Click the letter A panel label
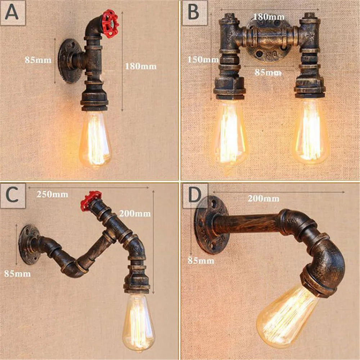[13, 13]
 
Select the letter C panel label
[13, 195]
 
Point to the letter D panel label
[195, 195]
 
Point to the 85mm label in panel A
[38, 60]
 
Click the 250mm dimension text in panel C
[52, 194]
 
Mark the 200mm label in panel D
[263, 198]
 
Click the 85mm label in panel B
[269, 72]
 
